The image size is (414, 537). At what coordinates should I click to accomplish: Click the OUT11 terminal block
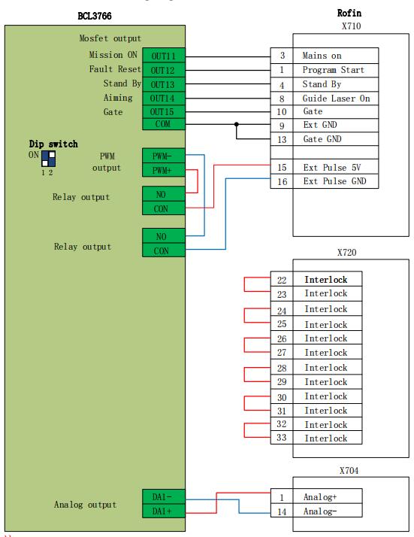164,56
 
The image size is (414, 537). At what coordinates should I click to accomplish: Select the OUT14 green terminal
164,99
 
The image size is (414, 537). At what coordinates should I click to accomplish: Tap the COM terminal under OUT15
164,124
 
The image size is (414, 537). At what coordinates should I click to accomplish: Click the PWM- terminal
164,156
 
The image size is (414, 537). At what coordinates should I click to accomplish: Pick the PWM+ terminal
164,170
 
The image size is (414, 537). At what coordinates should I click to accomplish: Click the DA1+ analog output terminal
164,511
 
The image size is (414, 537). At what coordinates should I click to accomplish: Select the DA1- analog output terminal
164,496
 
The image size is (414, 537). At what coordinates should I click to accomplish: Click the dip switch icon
48,159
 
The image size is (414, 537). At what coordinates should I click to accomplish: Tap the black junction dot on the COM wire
237,124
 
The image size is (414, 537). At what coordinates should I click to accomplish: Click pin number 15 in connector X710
282,168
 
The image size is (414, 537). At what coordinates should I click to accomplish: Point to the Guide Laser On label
336,99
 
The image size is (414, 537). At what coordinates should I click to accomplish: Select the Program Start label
334,70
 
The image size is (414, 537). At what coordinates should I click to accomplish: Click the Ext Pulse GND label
334,181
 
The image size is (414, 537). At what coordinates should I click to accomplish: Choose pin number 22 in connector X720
282,280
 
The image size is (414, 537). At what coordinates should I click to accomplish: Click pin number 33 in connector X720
281,437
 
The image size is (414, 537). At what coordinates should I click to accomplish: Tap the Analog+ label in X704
320,496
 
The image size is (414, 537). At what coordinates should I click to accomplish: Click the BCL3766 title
95,16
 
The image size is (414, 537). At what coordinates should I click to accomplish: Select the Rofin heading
349,13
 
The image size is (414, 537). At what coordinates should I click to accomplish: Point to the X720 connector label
346,253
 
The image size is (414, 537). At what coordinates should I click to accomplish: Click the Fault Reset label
115,69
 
